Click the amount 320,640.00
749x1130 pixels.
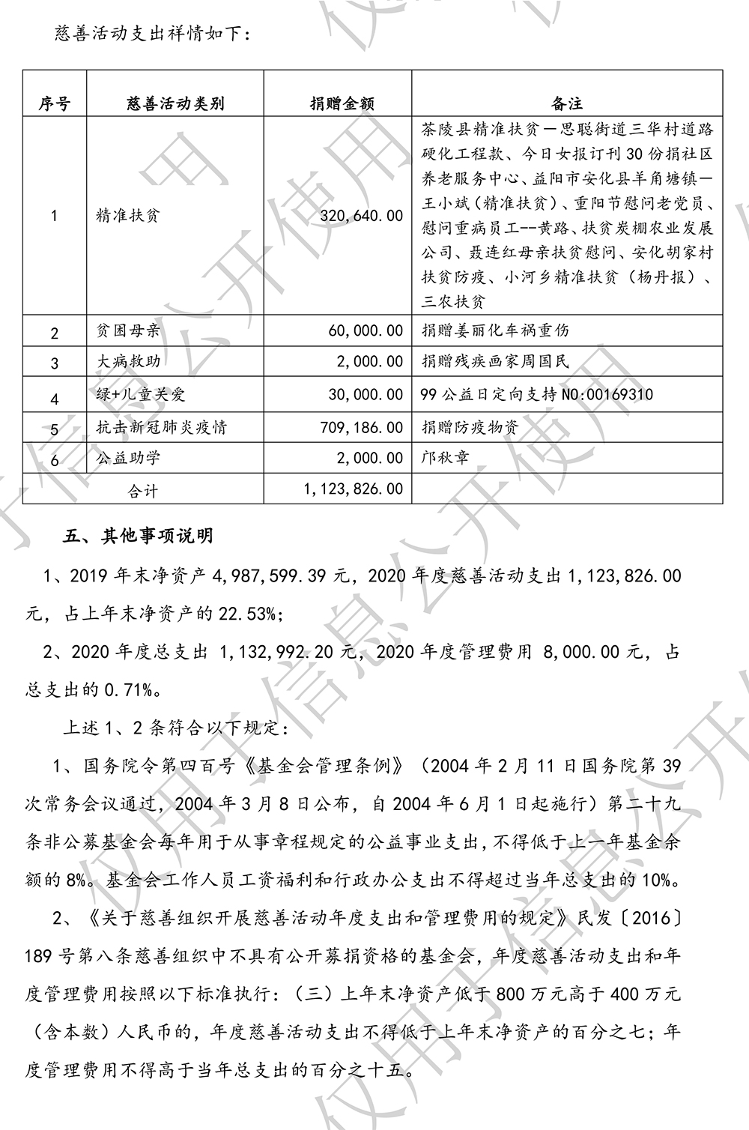[x=361, y=216]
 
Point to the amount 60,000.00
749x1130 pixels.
[x=366, y=330]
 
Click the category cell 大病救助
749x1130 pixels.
[x=128, y=361]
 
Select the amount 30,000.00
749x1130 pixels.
[x=366, y=394]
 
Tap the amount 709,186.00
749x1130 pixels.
[x=361, y=427]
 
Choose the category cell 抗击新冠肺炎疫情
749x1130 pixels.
[x=161, y=427]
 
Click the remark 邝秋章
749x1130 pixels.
[x=446, y=457]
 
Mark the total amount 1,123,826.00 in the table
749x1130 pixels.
[x=353, y=489]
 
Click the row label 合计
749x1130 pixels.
[x=143, y=491]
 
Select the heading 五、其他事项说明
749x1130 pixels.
[x=139, y=536]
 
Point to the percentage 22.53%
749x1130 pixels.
[x=248, y=614]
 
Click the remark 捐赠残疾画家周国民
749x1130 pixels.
[x=495, y=361]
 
